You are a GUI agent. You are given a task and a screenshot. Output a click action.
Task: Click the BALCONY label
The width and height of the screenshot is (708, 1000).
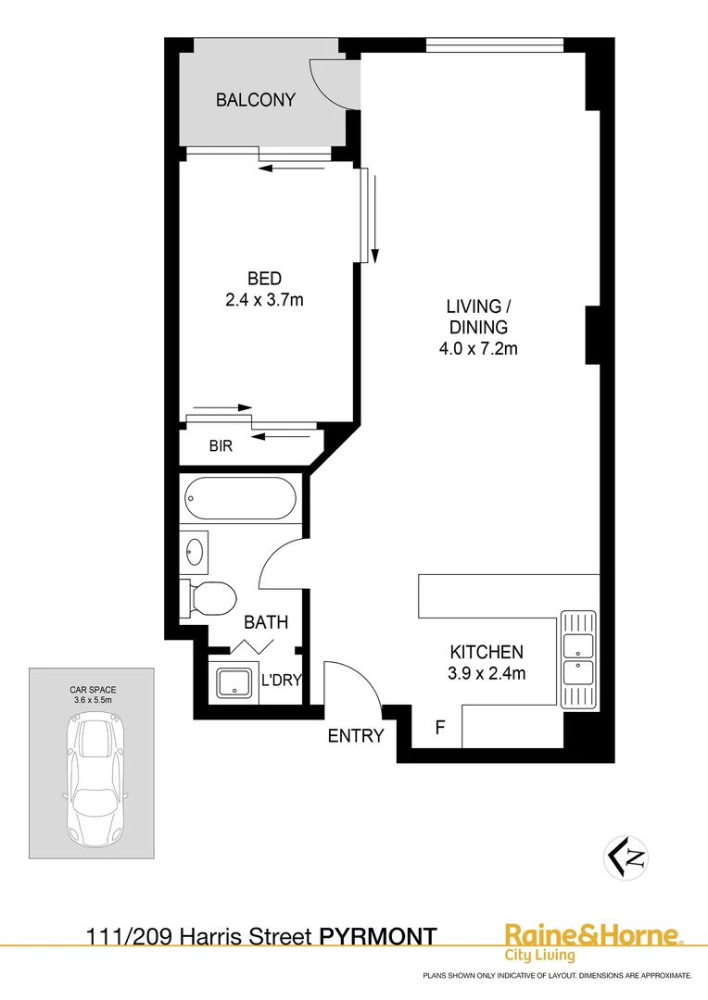pyautogui.click(x=255, y=100)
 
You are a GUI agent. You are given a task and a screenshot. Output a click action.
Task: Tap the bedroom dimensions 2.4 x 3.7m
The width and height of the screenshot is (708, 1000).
pyautogui.click(x=264, y=299)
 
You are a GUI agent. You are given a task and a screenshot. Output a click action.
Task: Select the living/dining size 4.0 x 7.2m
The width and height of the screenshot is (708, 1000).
pyautogui.click(x=477, y=349)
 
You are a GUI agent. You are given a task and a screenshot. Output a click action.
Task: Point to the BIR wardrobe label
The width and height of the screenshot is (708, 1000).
pyautogui.click(x=221, y=445)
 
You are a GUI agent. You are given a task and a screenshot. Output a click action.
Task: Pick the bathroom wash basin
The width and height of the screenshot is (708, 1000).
pyautogui.click(x=195, y=552)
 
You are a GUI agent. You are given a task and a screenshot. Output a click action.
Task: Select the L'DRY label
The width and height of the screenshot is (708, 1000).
pyautogui.click(x=281, y=681)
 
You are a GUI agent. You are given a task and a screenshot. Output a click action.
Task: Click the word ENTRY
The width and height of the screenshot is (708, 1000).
pyautogui.click(x=356, y=736)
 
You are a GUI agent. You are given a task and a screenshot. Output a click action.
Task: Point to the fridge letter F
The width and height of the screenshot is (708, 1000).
pyautogui.click(x=441, y=728)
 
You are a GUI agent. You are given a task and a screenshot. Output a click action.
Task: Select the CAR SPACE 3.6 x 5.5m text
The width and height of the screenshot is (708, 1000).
pyautogui.click(x=92, y=695)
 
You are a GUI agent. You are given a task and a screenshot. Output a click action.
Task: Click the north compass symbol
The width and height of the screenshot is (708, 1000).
pyautogui.click(x=626, y=856)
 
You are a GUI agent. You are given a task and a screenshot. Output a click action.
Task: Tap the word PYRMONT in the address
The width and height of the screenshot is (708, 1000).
pyautogui.click(x=378, y=937)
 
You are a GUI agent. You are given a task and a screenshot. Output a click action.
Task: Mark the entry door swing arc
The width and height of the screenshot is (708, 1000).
pyautogui.click(x=357, y=681)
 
